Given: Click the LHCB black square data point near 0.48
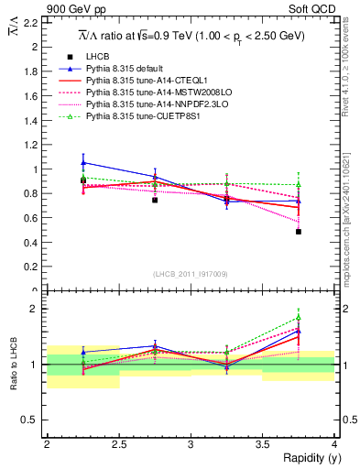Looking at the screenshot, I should tap(299, 232).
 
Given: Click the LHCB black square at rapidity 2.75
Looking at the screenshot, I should tap(155, 199).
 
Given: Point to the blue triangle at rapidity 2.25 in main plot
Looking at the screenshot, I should tap(83, 162).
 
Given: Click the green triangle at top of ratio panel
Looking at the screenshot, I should tap(299, 318).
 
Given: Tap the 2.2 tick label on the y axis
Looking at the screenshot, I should tap(33, 23).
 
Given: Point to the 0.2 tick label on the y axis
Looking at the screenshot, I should tap(33, 267).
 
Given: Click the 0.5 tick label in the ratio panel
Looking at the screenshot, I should tap(33, 420).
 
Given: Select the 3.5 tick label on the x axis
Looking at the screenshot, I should tap(262, 445).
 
